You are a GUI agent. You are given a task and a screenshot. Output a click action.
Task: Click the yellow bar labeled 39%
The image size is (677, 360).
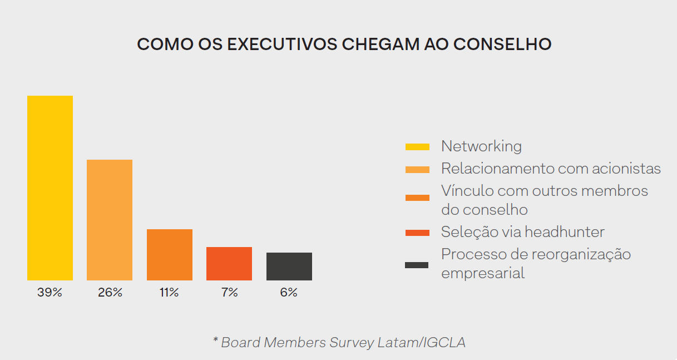tap(50, 188)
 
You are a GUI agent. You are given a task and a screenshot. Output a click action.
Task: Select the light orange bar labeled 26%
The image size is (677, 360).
tap(110, 220)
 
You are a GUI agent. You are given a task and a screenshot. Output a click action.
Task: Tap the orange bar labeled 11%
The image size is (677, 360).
tap(170, 255)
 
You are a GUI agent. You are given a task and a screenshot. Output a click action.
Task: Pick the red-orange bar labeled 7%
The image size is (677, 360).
tap(229, 264)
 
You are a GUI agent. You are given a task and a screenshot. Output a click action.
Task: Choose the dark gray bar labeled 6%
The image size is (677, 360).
tap(289, 267)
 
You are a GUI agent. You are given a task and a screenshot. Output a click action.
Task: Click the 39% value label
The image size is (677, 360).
tap(50, 293)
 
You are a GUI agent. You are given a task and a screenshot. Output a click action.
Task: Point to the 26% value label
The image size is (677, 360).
tap(110, 293)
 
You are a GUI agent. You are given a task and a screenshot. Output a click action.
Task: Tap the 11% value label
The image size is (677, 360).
tap(169, 293)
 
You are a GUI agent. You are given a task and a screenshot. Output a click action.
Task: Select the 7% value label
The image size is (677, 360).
tap(229, 293)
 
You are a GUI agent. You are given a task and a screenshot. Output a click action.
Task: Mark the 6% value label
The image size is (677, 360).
tap(289, 293)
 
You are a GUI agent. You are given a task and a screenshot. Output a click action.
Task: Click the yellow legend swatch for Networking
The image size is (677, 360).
tap(417, 147)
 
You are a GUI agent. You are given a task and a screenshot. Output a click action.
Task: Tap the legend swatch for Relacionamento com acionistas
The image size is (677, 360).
tap(417, 169)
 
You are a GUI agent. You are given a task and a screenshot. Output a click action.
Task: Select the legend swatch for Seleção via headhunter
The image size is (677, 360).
tap(417, 233)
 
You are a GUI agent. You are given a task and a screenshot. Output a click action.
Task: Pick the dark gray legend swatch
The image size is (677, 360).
tap(417, 265)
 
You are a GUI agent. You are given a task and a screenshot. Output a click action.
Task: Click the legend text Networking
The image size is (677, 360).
tap(481, 146)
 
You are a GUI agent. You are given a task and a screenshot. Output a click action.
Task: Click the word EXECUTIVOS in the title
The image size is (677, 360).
tap(282, 45)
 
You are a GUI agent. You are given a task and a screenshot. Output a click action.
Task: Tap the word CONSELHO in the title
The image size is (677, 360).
tap(502, 45)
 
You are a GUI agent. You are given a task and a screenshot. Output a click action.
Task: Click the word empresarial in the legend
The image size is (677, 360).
tap(482, 273)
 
